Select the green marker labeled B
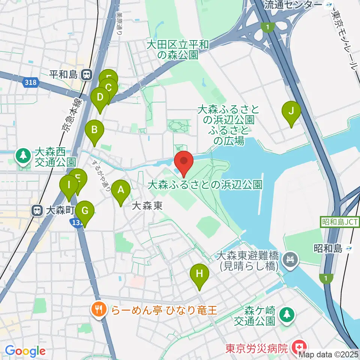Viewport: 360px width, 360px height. pyautogui.click(x=94, y=130)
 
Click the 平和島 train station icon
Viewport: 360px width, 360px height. pyautogui.click(x=86, y=75)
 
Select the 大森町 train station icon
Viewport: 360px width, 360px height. pyautogui.click(x=37, y=210)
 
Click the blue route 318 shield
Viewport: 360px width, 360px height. pyautogui.click(x=30, y=82)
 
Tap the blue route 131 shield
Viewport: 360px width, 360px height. pyautogui.click(x=76, y=223)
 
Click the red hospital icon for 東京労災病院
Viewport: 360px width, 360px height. pyautogui.click(x=301, y=347)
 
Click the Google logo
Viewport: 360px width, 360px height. pyautogui.click(x=25, y=351)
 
